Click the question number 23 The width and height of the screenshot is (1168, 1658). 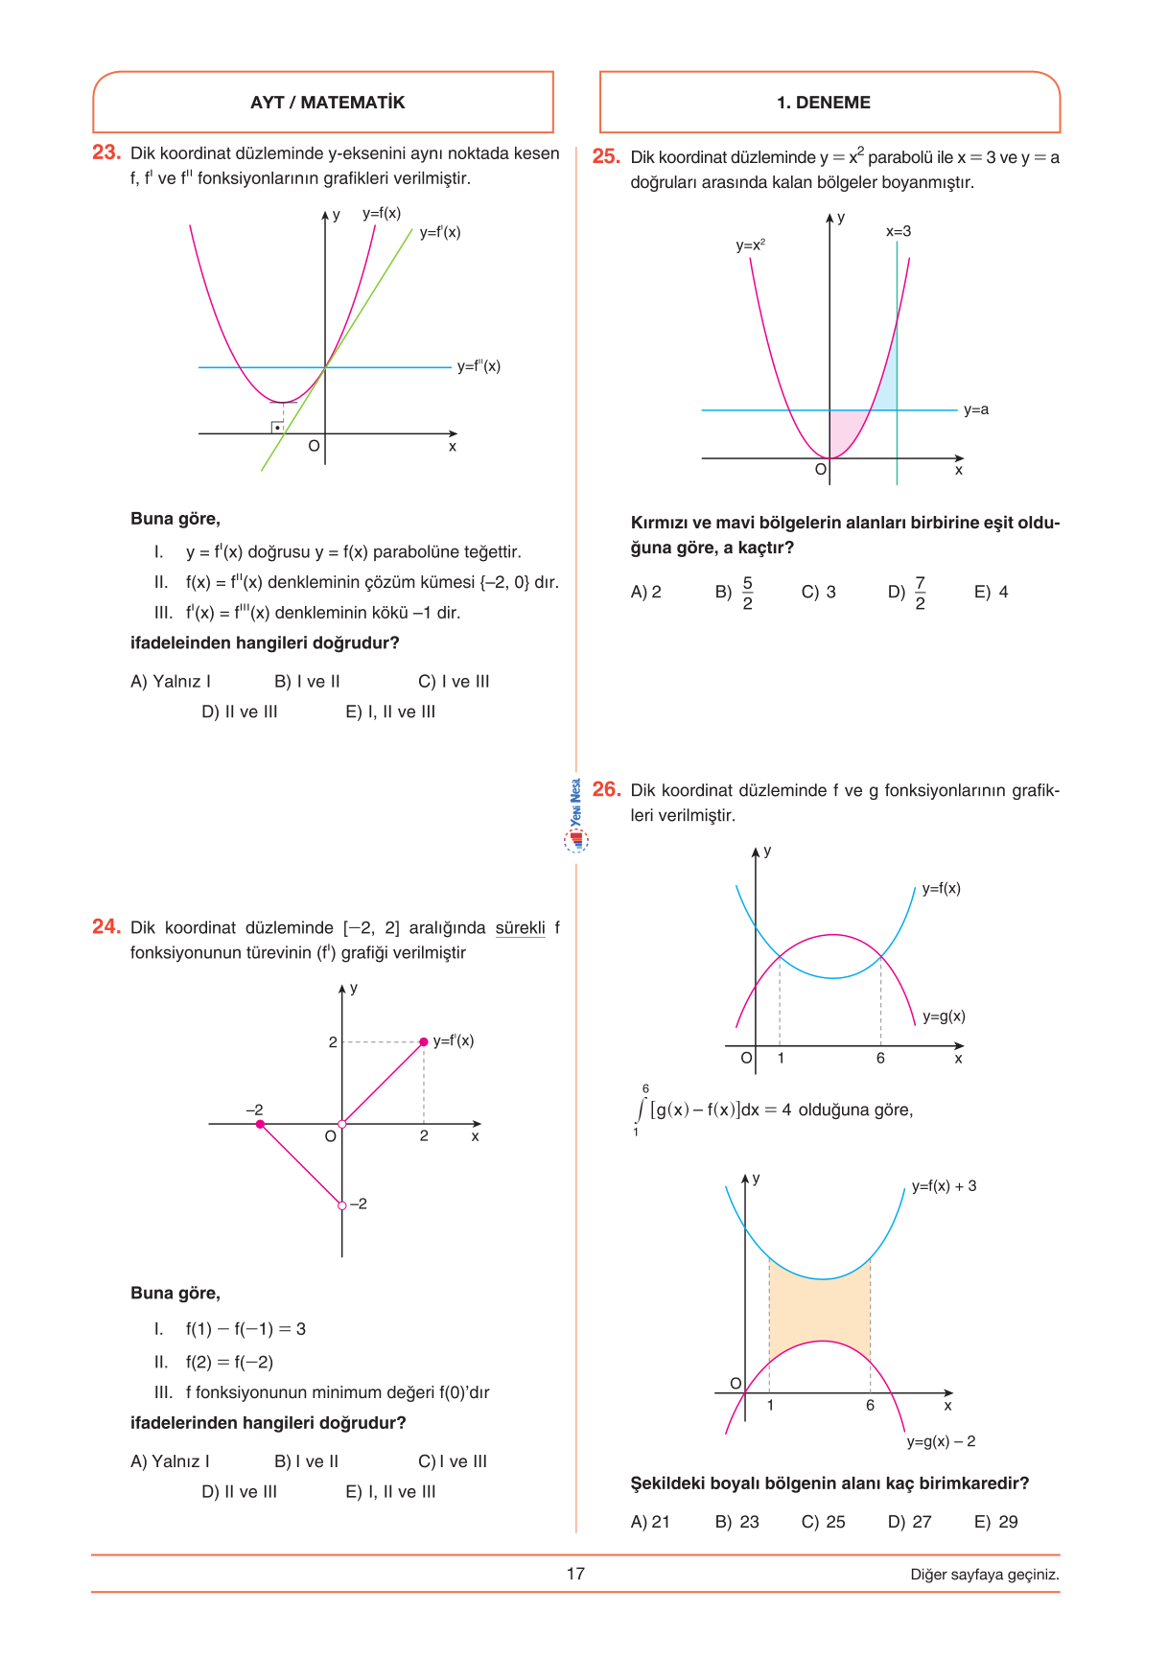(105, 152)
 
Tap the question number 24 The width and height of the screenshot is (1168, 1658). (105, 927)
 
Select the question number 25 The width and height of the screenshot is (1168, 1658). (606, 156)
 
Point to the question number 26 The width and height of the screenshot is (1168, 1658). (606, 789)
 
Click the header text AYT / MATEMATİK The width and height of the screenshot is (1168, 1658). (327, 103)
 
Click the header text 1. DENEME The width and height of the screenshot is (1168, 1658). (824, 103)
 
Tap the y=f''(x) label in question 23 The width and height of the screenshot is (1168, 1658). (479, 366)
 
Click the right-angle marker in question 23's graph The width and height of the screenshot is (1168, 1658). (277, 427)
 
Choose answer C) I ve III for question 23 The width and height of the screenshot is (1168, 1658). (454, 682)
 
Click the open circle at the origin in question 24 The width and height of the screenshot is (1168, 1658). (342, 1124)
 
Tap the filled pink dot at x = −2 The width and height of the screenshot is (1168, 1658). (260, 1124)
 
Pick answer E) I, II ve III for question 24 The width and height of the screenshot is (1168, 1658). (390, 1492)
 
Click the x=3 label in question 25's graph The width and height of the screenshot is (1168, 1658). (899, 232)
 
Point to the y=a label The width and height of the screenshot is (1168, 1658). (976, 410)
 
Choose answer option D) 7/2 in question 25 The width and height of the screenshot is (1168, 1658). (907, 593)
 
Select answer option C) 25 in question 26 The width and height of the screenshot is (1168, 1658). (824, 1522)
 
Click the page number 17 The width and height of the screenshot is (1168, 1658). (575, 1574)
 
